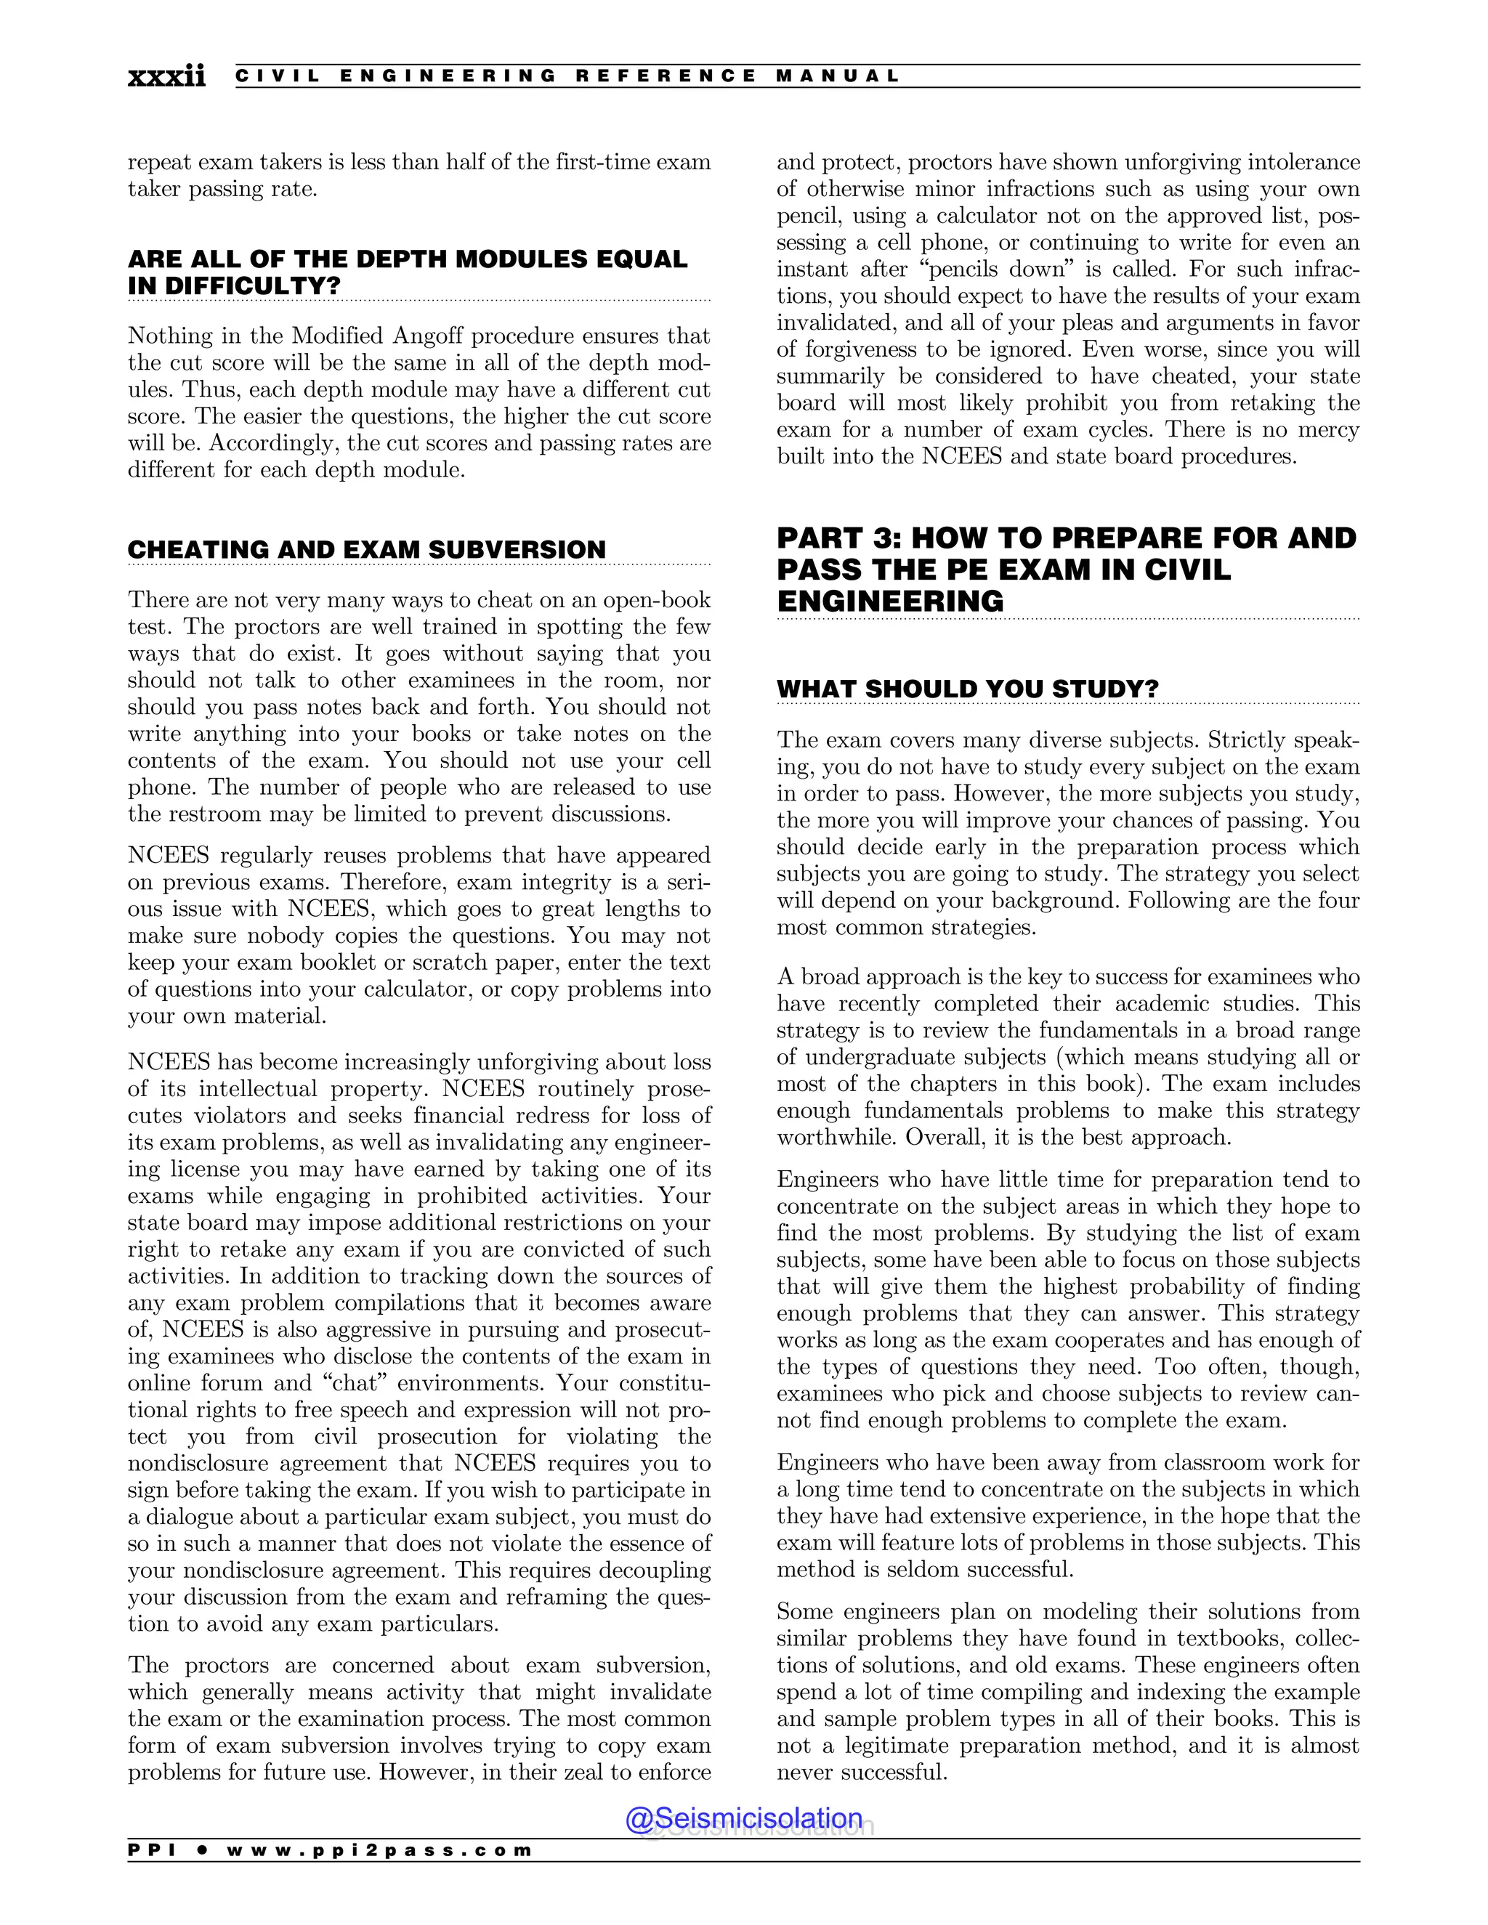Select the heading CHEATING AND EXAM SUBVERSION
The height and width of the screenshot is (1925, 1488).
(x=367, y=549)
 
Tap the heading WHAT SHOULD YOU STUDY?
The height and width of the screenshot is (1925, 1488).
(x=967, y=689)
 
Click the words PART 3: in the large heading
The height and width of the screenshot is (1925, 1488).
(x=838, y=538)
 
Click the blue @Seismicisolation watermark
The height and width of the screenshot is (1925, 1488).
(x=744, y=1818)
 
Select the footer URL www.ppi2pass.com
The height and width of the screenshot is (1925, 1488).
(x=379, y=1851)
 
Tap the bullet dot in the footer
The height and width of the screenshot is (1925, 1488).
(x=203, y=1851)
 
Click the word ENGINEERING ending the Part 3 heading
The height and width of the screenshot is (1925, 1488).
(x=889, y=601)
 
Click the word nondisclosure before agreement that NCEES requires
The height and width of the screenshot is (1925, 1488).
(x=199, y=1463)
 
